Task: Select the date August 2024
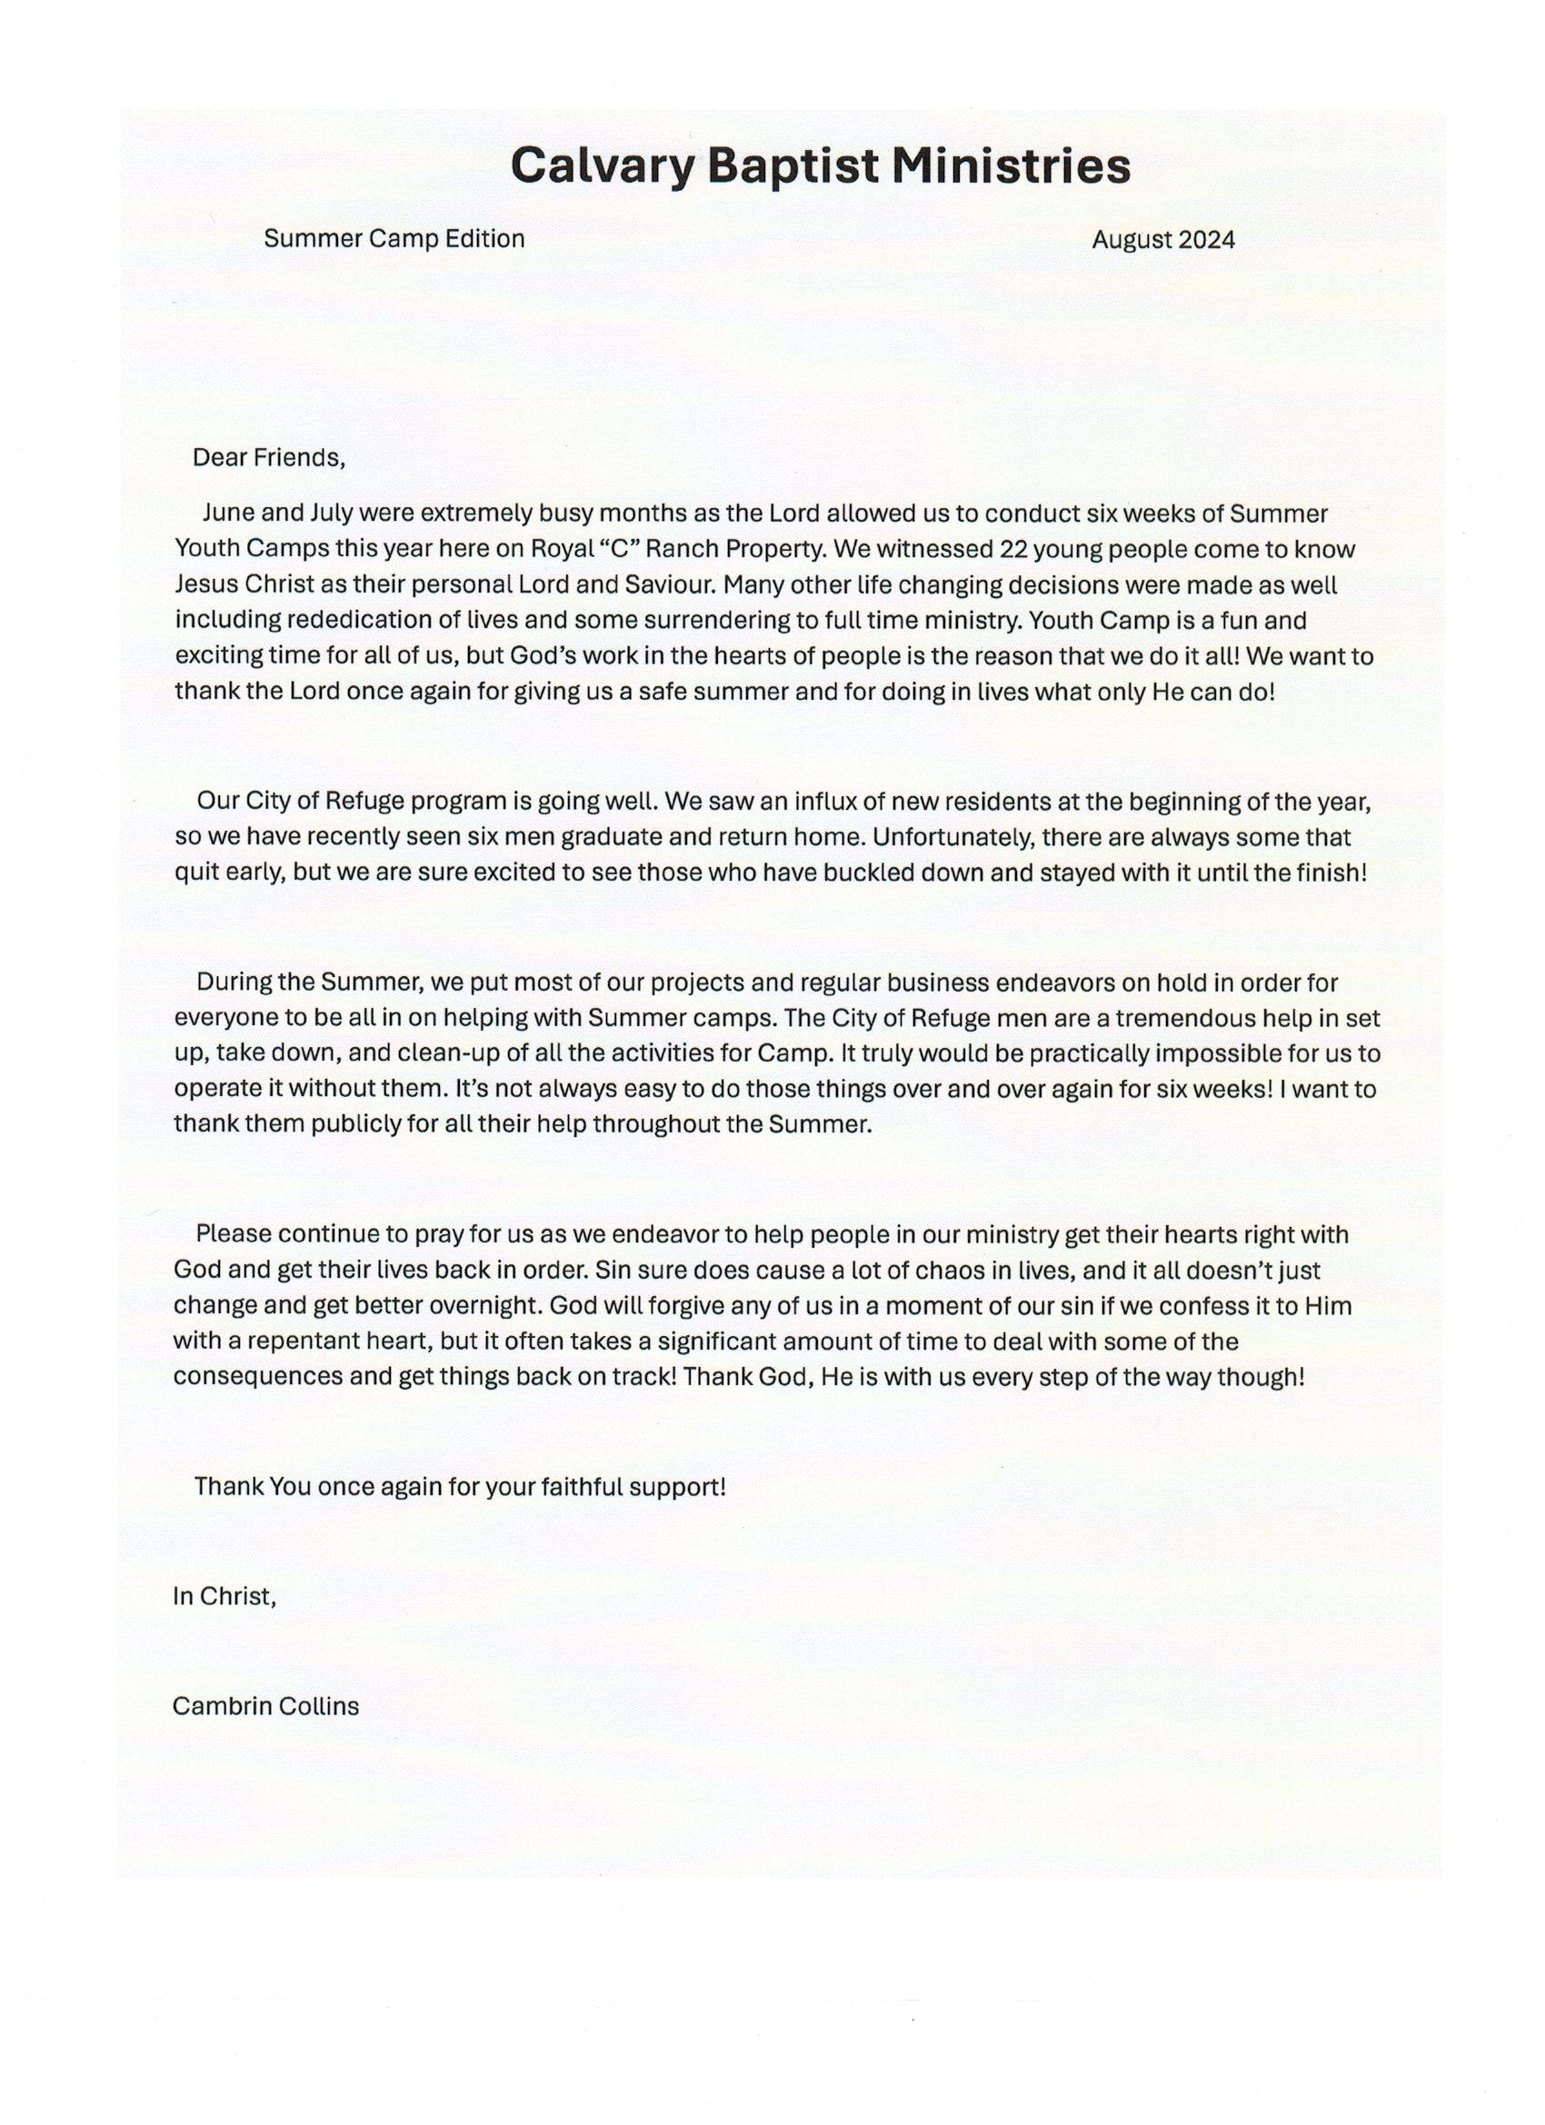[1162, 240]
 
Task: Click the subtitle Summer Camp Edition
[394, 239]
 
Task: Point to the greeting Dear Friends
[269, 458]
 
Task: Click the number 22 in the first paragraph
[1017, 549]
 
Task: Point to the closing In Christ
[224, 1597]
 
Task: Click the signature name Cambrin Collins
[265, 1706]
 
